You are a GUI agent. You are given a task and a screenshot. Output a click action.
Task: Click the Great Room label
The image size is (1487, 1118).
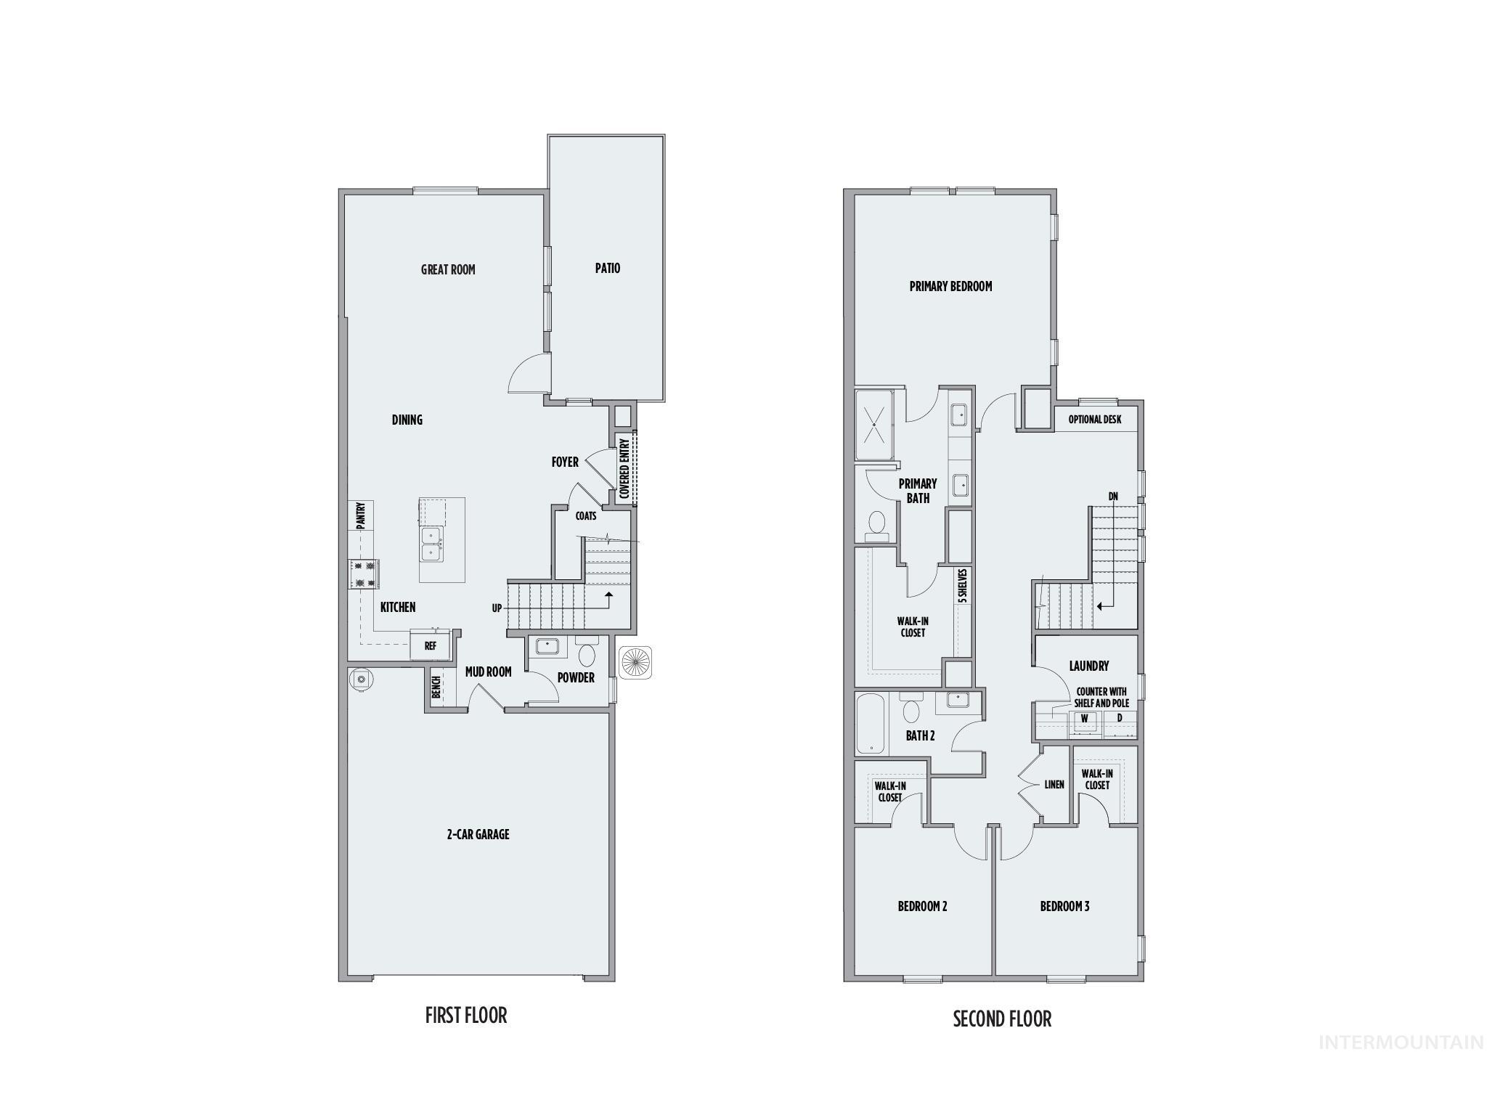pos(448,269)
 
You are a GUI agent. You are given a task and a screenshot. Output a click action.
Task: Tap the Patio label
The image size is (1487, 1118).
pos(608,268)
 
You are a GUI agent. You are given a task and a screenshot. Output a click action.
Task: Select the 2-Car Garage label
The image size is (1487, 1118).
pos(478,834)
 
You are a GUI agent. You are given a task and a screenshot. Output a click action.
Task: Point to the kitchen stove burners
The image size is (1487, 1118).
pos(364,574)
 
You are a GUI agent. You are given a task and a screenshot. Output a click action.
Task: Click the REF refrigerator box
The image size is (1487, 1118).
pos(431,645)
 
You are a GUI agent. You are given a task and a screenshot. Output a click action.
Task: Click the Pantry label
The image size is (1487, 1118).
pos(360,515)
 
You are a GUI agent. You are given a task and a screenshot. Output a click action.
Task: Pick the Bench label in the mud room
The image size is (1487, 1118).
pos(436,687)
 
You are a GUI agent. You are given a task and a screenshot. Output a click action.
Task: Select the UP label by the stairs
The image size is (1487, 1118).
pos(497,608)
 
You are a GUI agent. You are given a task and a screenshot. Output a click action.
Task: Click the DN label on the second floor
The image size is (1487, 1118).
pos(1113,497)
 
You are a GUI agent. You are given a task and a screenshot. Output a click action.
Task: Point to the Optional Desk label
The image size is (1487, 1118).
pos(1094,420)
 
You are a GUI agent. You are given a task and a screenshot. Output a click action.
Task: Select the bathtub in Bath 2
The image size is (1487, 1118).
pos(869,725)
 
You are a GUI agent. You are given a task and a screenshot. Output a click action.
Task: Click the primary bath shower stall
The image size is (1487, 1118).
pos(876,424)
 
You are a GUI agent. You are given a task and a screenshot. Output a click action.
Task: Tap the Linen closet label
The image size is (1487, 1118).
pos(1054,784)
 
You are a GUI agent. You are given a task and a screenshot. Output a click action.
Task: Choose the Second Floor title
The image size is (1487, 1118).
pos(1002,1019)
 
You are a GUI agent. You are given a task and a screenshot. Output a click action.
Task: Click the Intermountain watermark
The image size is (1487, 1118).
pos(1401,1042)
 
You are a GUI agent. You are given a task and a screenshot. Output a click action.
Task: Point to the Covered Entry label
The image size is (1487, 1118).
pos(624,468)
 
